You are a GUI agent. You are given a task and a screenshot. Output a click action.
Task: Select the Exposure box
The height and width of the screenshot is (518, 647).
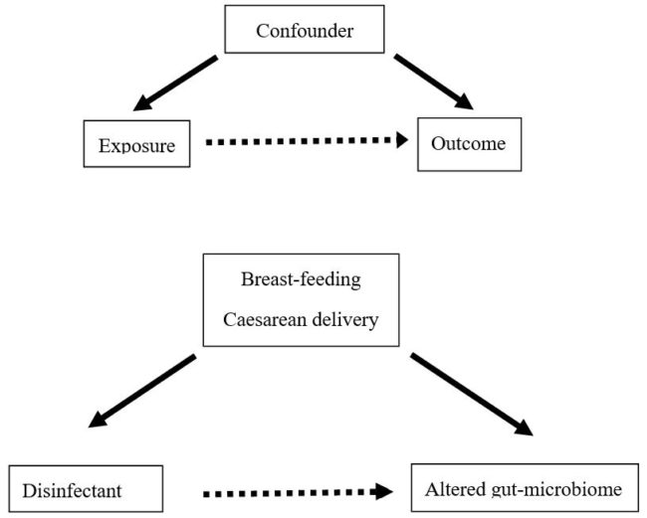pos(137,145)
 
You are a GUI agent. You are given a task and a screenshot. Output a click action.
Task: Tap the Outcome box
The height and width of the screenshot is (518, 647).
pos(468,143)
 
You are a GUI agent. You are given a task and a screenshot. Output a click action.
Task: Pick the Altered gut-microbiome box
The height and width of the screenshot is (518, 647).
pos(525,489)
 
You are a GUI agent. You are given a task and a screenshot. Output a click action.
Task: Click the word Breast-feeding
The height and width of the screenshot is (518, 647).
pos(301,278)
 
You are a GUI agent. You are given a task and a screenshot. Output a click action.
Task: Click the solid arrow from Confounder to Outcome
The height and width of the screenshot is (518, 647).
pos(431,82)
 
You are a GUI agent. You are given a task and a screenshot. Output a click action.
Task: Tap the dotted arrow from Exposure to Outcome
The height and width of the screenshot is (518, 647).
pos(304,141)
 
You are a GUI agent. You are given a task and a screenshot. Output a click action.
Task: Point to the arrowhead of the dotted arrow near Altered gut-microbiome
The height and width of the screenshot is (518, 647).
pos(381,491)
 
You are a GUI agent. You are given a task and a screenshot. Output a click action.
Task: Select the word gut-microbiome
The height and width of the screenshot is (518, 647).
pos(553,489)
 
